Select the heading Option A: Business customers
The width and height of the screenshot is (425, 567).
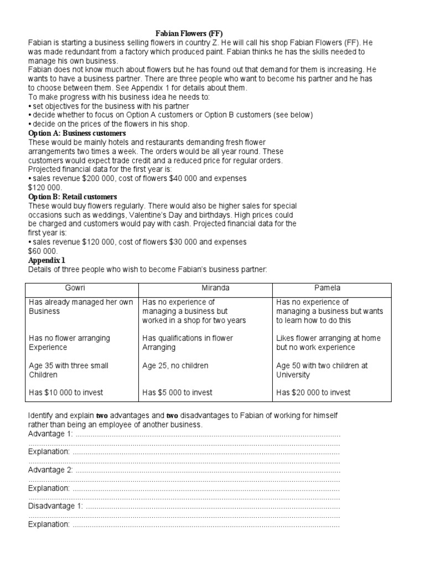[77, 133]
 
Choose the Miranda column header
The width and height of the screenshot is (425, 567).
[205, 288]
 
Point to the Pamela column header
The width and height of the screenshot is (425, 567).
[331, 288]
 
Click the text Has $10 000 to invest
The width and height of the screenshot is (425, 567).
[66, 393]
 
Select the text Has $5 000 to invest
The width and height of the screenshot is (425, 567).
[177, 393]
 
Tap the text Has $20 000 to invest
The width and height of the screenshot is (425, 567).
[313, 393]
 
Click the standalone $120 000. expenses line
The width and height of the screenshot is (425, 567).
[45, 188]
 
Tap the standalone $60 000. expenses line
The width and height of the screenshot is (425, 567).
[43, 251]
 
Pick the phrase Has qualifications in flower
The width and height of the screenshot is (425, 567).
[188, 338]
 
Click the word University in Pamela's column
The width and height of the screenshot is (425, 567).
[293, 375]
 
